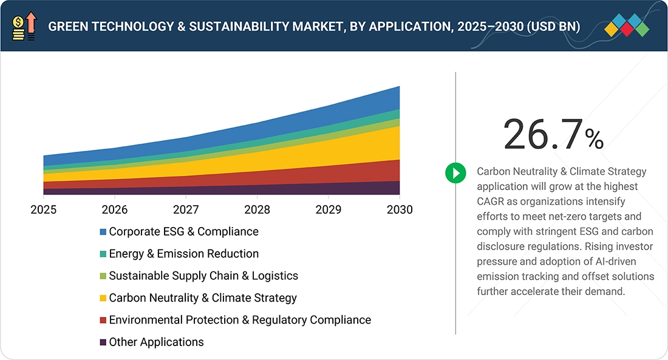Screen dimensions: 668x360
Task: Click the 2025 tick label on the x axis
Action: point(44,209)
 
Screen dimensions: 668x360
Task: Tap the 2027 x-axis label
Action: point(186,209)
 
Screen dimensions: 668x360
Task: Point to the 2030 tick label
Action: point(400,209)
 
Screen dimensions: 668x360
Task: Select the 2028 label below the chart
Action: point(257,209)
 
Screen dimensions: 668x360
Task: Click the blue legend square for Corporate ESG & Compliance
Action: point(103,232)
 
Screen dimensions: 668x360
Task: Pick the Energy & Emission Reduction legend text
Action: point(183,254)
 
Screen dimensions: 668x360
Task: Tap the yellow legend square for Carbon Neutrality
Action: point(103,298)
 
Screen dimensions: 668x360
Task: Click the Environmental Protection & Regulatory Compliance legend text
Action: point(240,320)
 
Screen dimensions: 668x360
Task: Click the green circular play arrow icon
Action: point(456,173)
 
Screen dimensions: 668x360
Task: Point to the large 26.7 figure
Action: point(542,135)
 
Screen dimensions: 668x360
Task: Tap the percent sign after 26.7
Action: point(595,138)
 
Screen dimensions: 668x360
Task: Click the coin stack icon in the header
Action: point(18,29)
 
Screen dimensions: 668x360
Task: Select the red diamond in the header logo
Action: point(627,29)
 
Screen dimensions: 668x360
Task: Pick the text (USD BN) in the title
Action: point(553,27)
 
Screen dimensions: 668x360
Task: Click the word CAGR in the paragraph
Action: point(490,202)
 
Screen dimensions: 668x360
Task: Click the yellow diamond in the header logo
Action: point(612,29)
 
